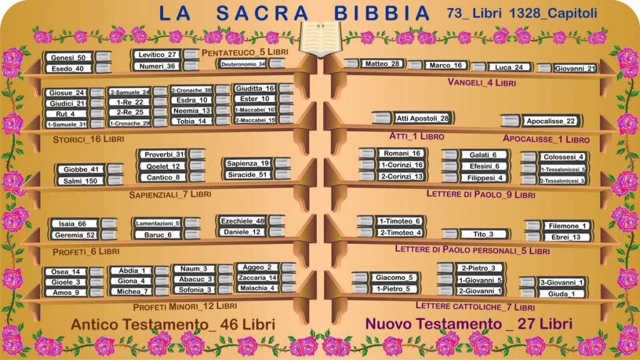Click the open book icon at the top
[x=319, y=37]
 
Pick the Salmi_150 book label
[x=80, y=181]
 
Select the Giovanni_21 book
[x=574, y=68]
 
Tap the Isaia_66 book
[x=73, y=224]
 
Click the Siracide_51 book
[x=247, y=175]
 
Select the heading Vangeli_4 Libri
[x=481, y=82]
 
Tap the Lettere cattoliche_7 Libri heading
[x=475, y=307]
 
